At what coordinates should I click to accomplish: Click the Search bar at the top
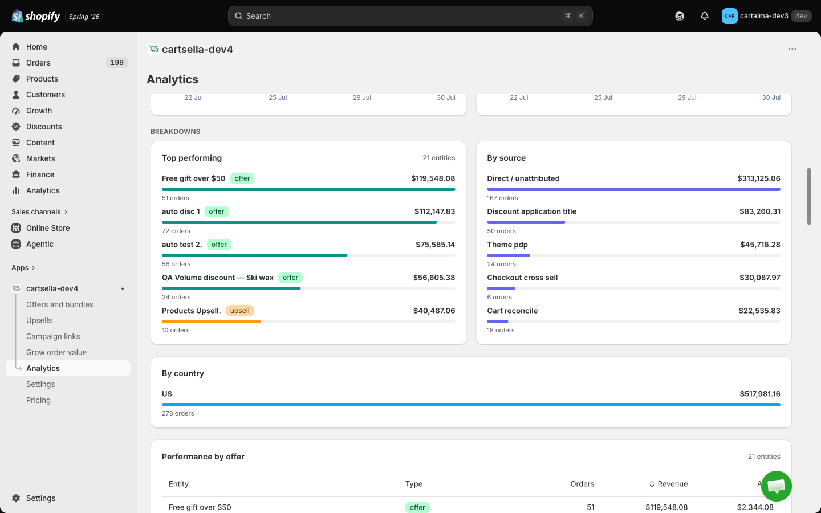(410, 16)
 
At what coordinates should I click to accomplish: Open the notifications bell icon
(704, 16)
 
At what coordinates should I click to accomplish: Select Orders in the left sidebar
(38, 63)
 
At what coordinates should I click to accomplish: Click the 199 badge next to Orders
(117, 63)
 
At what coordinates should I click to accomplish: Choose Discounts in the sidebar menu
(43, 127)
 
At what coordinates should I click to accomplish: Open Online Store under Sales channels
(48, 228)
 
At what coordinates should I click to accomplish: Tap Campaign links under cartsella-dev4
(53, 336)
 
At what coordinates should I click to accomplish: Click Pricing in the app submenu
(38, 400)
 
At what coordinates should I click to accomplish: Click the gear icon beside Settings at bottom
(16, 498)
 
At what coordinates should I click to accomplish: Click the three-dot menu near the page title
(792, 49)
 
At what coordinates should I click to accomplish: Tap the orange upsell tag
(239, 311)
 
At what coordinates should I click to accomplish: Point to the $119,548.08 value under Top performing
(433, 178)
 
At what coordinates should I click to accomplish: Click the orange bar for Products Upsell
(212, 321)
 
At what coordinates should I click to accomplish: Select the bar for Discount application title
(526, 222)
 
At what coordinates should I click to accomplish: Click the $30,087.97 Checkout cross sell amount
(760, 278)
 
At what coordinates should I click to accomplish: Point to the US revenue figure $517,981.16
(760, 394)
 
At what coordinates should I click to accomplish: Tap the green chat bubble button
(776, 486)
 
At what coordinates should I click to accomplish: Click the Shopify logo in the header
(36, 16)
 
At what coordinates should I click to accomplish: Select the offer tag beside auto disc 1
(216, 211)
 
